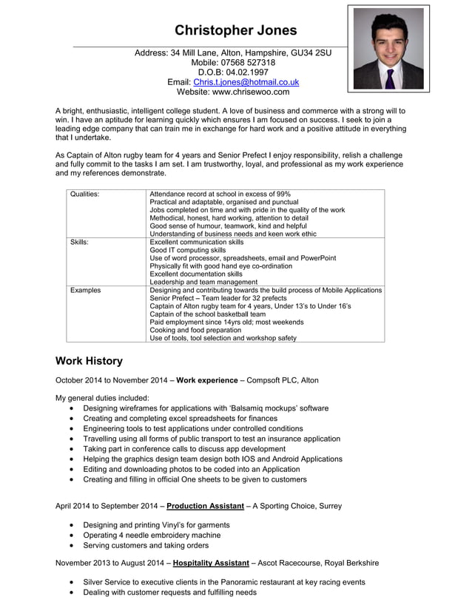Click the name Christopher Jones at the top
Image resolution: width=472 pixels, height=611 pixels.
point(235,30)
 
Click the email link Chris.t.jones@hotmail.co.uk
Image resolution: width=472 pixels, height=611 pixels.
point(246,83)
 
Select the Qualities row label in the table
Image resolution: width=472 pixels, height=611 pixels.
point(84,194)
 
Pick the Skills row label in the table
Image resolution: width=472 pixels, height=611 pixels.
point(78,242)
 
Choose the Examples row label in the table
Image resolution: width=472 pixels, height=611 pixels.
point(85,290)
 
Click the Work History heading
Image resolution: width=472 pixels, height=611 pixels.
point(89,361)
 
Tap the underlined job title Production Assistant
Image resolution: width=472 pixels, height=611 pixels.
point(205,506)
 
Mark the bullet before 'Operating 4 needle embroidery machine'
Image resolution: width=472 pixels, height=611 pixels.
point(71,536)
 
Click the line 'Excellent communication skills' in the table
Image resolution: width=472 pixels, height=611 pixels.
point(196,242)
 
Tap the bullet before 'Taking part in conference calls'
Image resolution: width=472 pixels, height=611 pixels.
point(71,449)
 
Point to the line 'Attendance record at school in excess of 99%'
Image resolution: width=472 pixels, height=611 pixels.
point(220,194)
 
